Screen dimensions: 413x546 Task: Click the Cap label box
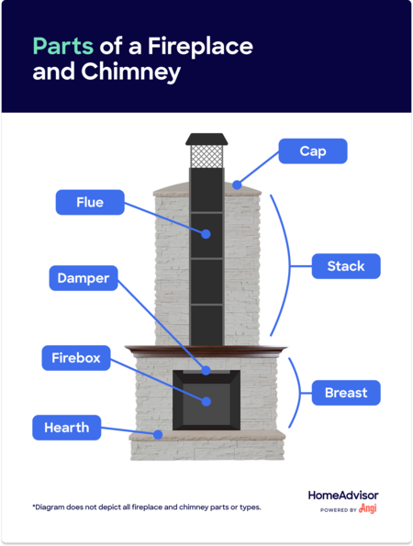[313, 151]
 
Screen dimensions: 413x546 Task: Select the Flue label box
[90, 202]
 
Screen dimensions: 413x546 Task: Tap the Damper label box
[84, 278]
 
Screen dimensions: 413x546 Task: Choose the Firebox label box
[76, 358]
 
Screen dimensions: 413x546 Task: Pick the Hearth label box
[67, 428]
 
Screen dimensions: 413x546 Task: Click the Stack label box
[346, 266]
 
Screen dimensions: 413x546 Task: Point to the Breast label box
[346, 393]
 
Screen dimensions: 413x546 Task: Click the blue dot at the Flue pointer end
[206, 234]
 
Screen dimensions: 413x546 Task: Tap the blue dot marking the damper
[206, 370]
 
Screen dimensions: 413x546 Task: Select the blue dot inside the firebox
[206, 402]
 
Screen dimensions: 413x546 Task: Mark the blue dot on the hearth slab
[158, 435]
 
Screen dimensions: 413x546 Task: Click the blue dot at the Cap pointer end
[237, 184]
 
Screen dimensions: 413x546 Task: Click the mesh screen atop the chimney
[206, 156]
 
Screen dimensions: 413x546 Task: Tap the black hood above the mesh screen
[206, 139]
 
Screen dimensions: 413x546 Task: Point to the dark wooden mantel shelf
[206, 351]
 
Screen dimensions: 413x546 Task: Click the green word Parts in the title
[63, 46]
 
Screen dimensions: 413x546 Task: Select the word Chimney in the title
[131, 72]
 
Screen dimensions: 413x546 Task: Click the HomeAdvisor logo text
[343, 496]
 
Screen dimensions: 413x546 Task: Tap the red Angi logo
[368, 508]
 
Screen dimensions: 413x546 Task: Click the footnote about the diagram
[147, 507]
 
